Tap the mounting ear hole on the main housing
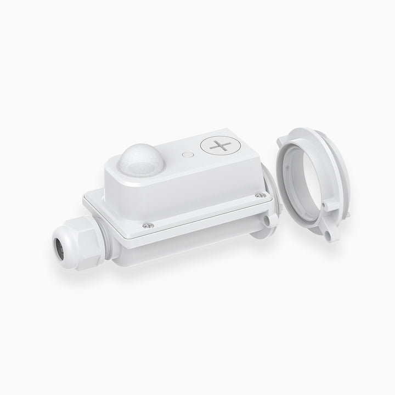[268, 220]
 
